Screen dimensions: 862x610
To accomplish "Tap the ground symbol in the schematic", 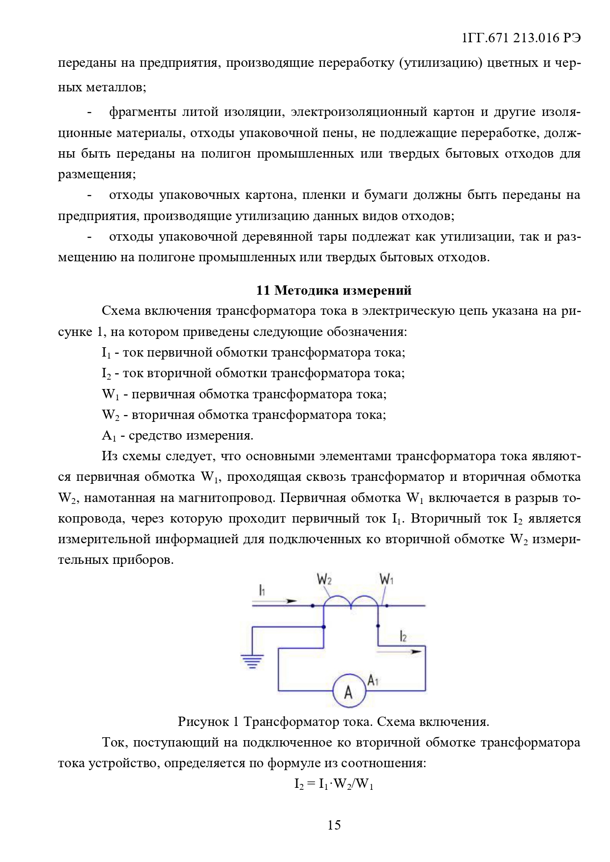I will click(252, 661).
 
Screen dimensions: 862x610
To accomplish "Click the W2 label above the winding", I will click(324, 580).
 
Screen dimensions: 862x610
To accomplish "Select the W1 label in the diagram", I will click(387, 580).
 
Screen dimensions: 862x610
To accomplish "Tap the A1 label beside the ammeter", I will click(373, 681).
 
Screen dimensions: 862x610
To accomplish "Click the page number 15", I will click(334, 825).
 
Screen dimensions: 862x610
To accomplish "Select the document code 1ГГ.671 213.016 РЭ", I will click(522, 38).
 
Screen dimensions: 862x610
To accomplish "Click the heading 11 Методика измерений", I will click(333, 290).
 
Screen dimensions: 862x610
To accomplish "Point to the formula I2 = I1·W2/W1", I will click(334, 784).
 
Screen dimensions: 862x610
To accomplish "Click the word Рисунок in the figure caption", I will click(203, 722).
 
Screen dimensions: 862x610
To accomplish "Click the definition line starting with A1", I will click(177, 435).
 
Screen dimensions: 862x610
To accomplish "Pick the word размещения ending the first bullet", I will click(96, 174).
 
